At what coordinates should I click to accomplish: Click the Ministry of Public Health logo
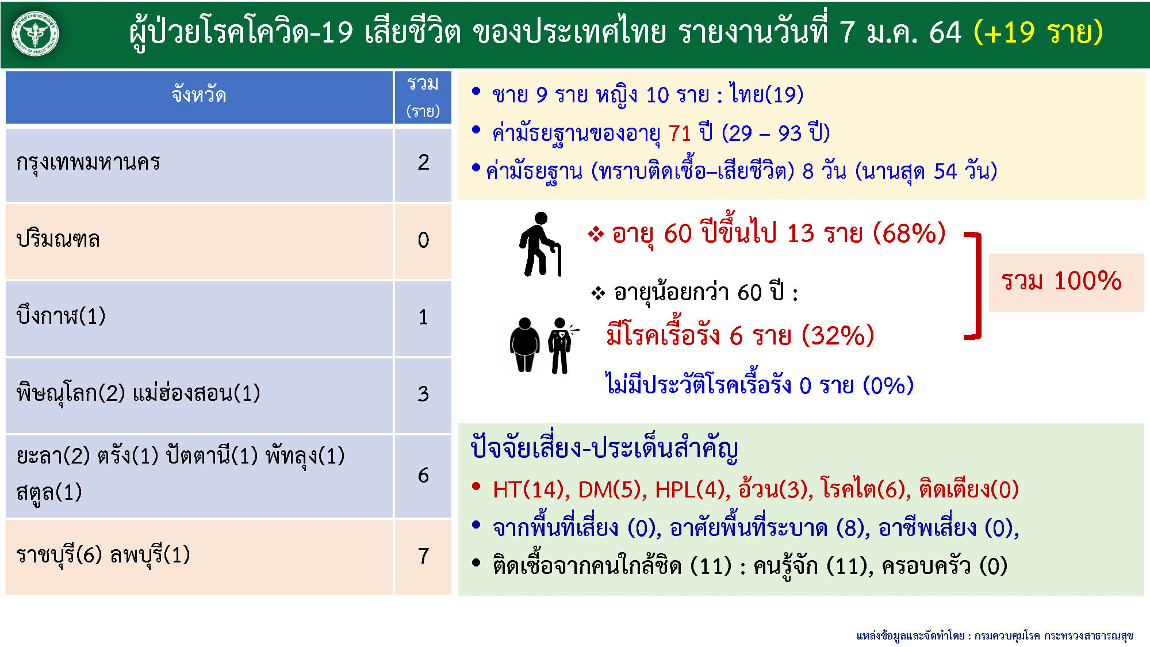[36, 33]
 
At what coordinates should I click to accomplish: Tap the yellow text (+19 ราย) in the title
[1038, 32]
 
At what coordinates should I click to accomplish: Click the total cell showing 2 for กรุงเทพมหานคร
[423, 163]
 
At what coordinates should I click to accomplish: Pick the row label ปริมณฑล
[58, 239]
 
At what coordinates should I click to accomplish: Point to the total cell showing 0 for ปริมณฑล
[423, 240]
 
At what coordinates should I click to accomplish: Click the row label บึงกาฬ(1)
[61, 316]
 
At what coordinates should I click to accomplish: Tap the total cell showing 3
[423, 395]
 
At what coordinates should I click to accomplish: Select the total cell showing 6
[423, 476]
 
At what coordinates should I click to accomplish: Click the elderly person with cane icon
[540, 245]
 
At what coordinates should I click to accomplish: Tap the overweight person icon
[524, 344]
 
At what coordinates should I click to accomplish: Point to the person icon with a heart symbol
[561, 345]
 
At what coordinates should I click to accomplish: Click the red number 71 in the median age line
[679, 133]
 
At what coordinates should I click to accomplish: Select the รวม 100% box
[1066, 282]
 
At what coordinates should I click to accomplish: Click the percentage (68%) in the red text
[909, 233]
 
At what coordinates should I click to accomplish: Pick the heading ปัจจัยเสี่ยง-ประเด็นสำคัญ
[604, 448]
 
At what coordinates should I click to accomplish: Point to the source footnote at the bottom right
[994, 635]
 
